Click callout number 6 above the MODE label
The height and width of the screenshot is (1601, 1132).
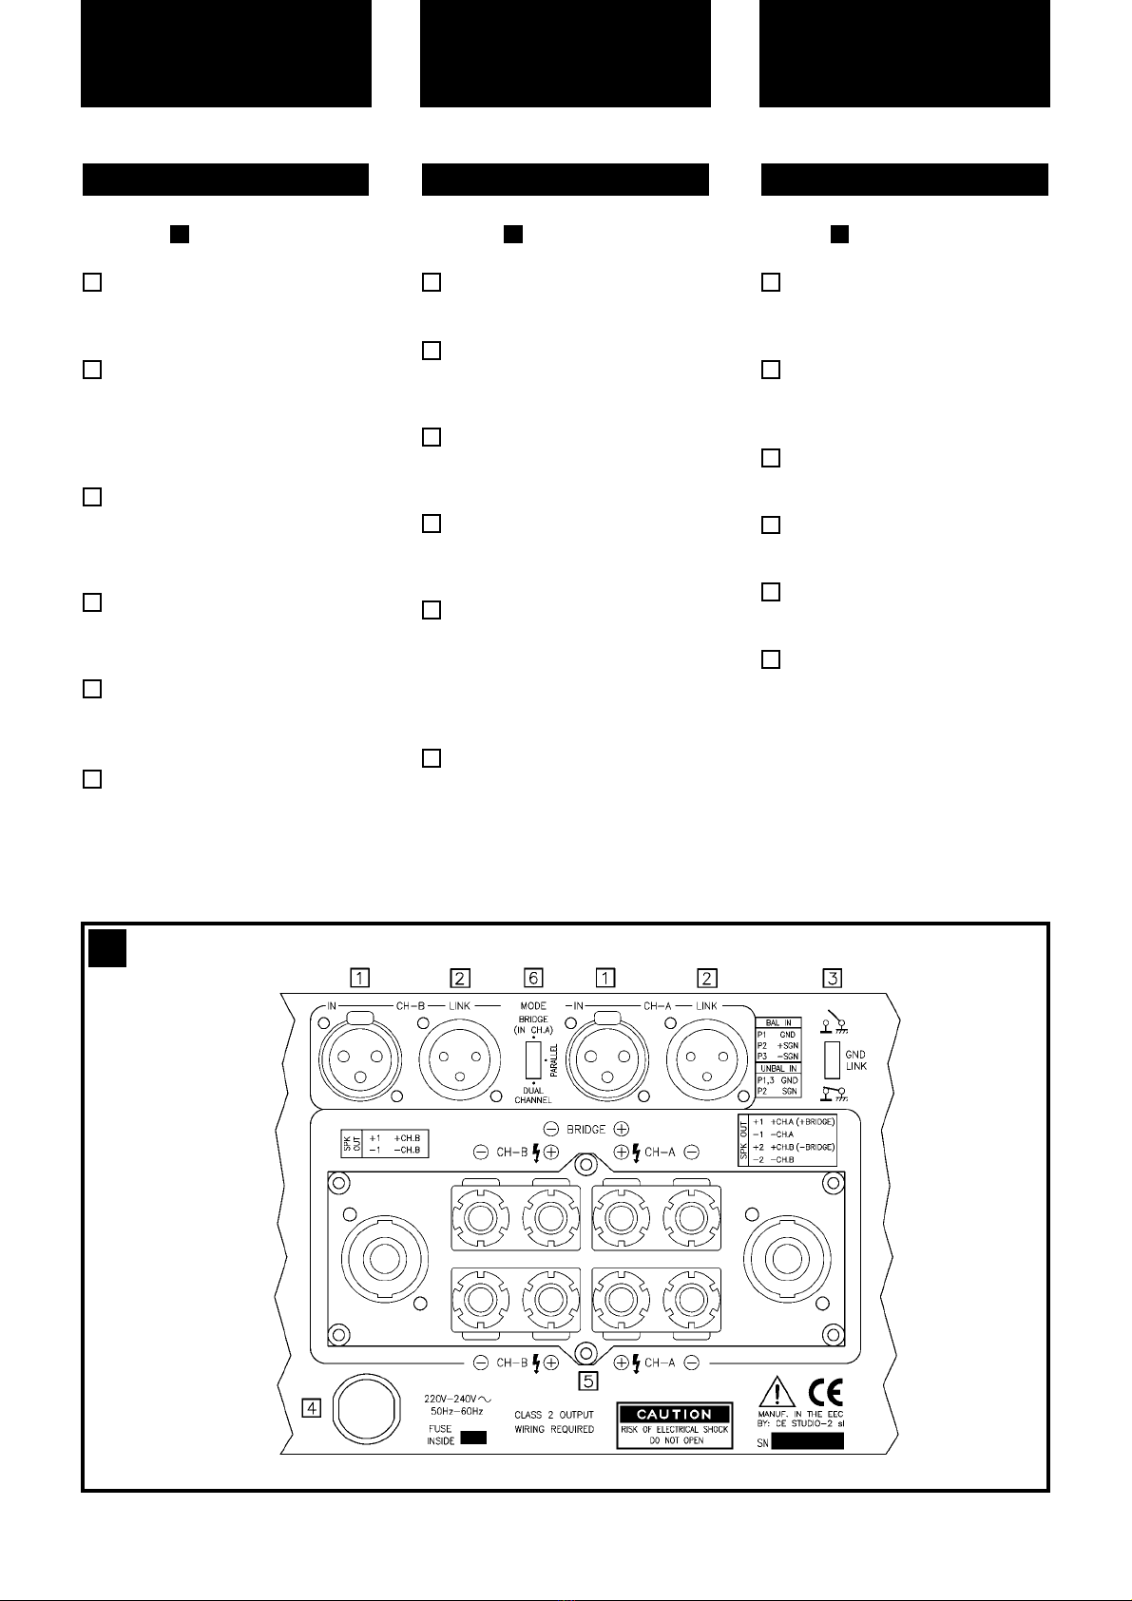pyautogui.click(x=533, y=978)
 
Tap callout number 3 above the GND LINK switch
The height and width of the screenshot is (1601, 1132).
pyautogui.click(x=833, y=978)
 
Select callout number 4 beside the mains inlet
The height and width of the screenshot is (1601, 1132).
pyautogui.click(x=311, y=1407)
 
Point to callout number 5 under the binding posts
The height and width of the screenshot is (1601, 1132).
pyautogui.click(x=589, y=1381)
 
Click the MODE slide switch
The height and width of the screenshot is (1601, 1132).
pyautogui.click(x=533, y=1059)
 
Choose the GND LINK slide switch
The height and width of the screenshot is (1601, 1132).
pyautogui.click(x=833, y=1059)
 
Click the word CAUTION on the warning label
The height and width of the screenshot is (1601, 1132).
pyautogui.click(x=674, y=1415)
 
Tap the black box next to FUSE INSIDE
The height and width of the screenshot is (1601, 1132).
pyautogui.click(x=473, y=1439)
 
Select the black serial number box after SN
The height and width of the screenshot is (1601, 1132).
pyautogui.click(x=807, y=1441)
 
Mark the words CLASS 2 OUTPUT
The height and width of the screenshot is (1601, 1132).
pyautogui.click(x=554, y=1415)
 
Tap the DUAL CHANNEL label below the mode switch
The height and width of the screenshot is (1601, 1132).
pyautogui.click(x=533, y=1095)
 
